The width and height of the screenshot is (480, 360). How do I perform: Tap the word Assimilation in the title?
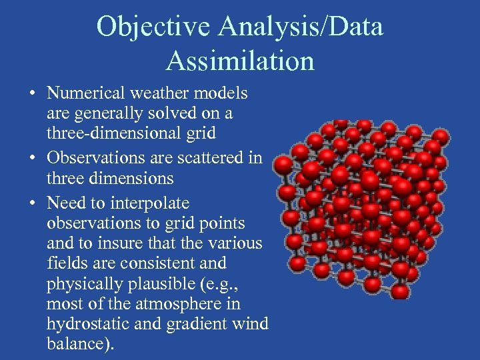[240, 61]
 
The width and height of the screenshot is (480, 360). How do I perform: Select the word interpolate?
[151, 203]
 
